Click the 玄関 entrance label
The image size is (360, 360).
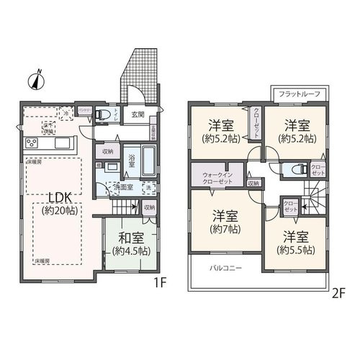138,113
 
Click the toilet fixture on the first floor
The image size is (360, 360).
104,114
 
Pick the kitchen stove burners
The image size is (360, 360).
32,142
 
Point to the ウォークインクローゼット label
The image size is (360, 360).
217,177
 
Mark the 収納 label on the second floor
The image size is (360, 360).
253,183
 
